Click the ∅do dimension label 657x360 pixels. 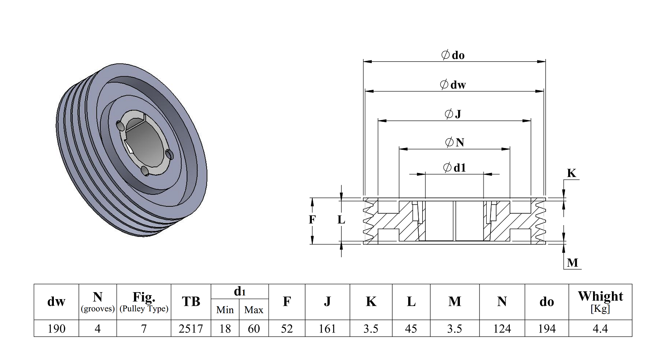pos(453,55)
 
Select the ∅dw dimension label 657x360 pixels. pos(453,85)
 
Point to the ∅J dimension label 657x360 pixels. pos(453,114)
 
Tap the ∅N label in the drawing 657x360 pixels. pos(454,142)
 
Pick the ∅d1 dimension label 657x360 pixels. pos(454,168)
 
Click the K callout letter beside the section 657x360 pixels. pos(572,173)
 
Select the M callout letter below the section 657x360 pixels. pos(572,263)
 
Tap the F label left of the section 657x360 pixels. pos(312,219)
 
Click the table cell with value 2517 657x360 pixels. pos(191,328)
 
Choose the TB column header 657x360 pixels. pos(191,302)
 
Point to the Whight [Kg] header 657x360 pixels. pos(600,301)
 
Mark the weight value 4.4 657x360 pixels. pos(600,328)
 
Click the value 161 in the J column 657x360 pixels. pos(327,328)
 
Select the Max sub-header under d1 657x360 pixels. pos(254,310)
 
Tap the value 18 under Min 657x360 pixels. pos(225,328)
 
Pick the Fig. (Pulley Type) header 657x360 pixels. pos(144,302)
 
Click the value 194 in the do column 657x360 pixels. pos(547,328)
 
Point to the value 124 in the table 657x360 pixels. pos(502,328)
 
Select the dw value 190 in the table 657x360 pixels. pos(56,328)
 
